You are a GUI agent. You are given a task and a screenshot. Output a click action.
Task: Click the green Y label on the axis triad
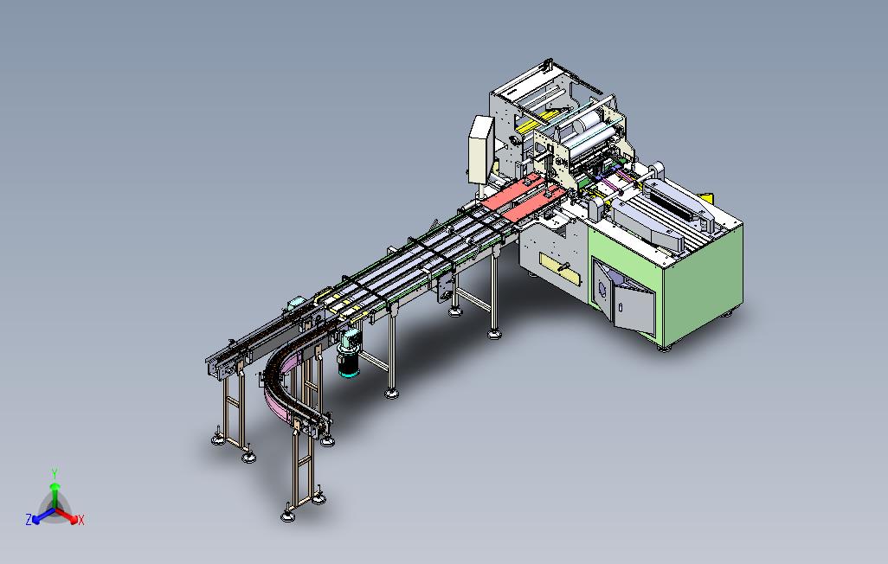[55, 473]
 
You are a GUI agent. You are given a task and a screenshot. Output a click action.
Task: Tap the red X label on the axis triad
[81, 520]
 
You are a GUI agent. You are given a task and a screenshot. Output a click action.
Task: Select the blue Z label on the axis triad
[29, 519]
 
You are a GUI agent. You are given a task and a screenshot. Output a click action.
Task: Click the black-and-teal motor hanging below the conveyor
[348, 355]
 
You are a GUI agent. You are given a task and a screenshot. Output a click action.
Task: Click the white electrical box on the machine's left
[480, 149]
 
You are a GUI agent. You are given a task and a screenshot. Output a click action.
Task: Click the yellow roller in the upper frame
[537, 120]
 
